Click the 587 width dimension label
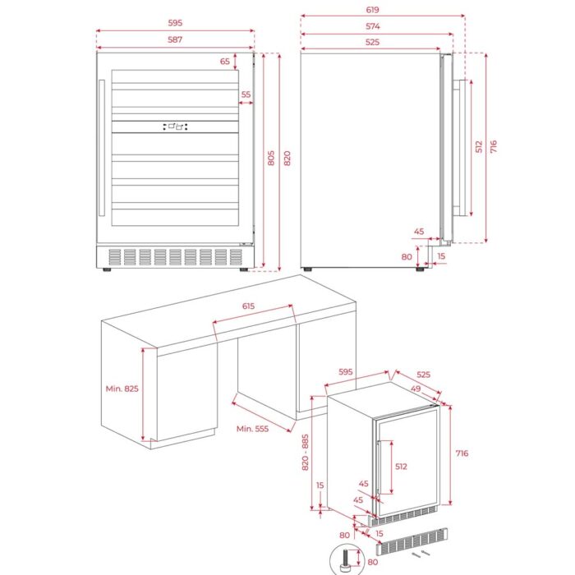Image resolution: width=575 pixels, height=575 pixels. [175, 39]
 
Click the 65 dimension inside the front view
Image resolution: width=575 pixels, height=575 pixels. [224, 61]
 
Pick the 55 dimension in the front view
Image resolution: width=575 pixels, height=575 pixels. [246, 95]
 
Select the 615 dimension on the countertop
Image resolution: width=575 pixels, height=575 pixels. [249, 306]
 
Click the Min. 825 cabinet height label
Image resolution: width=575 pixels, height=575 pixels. [122, 389]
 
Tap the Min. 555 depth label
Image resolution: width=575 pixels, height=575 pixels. [253, 429]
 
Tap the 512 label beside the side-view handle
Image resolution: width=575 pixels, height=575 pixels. [478, 147]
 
